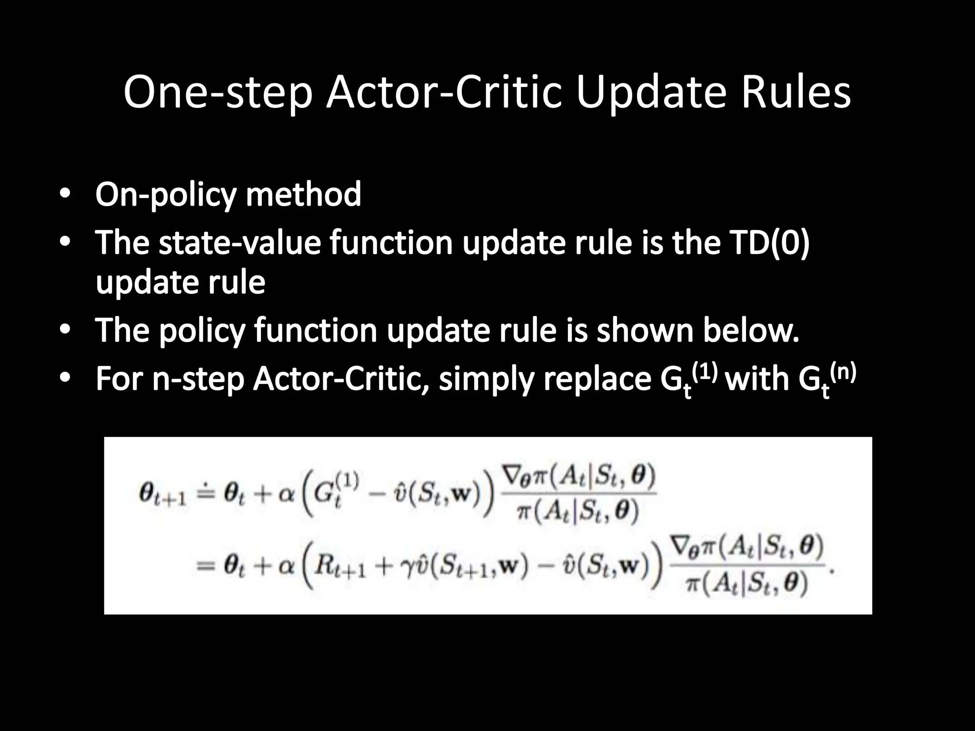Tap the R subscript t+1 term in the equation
pyautogui.click(x=341, y=569)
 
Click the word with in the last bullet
pyautogui.click(x=757, y=379)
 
